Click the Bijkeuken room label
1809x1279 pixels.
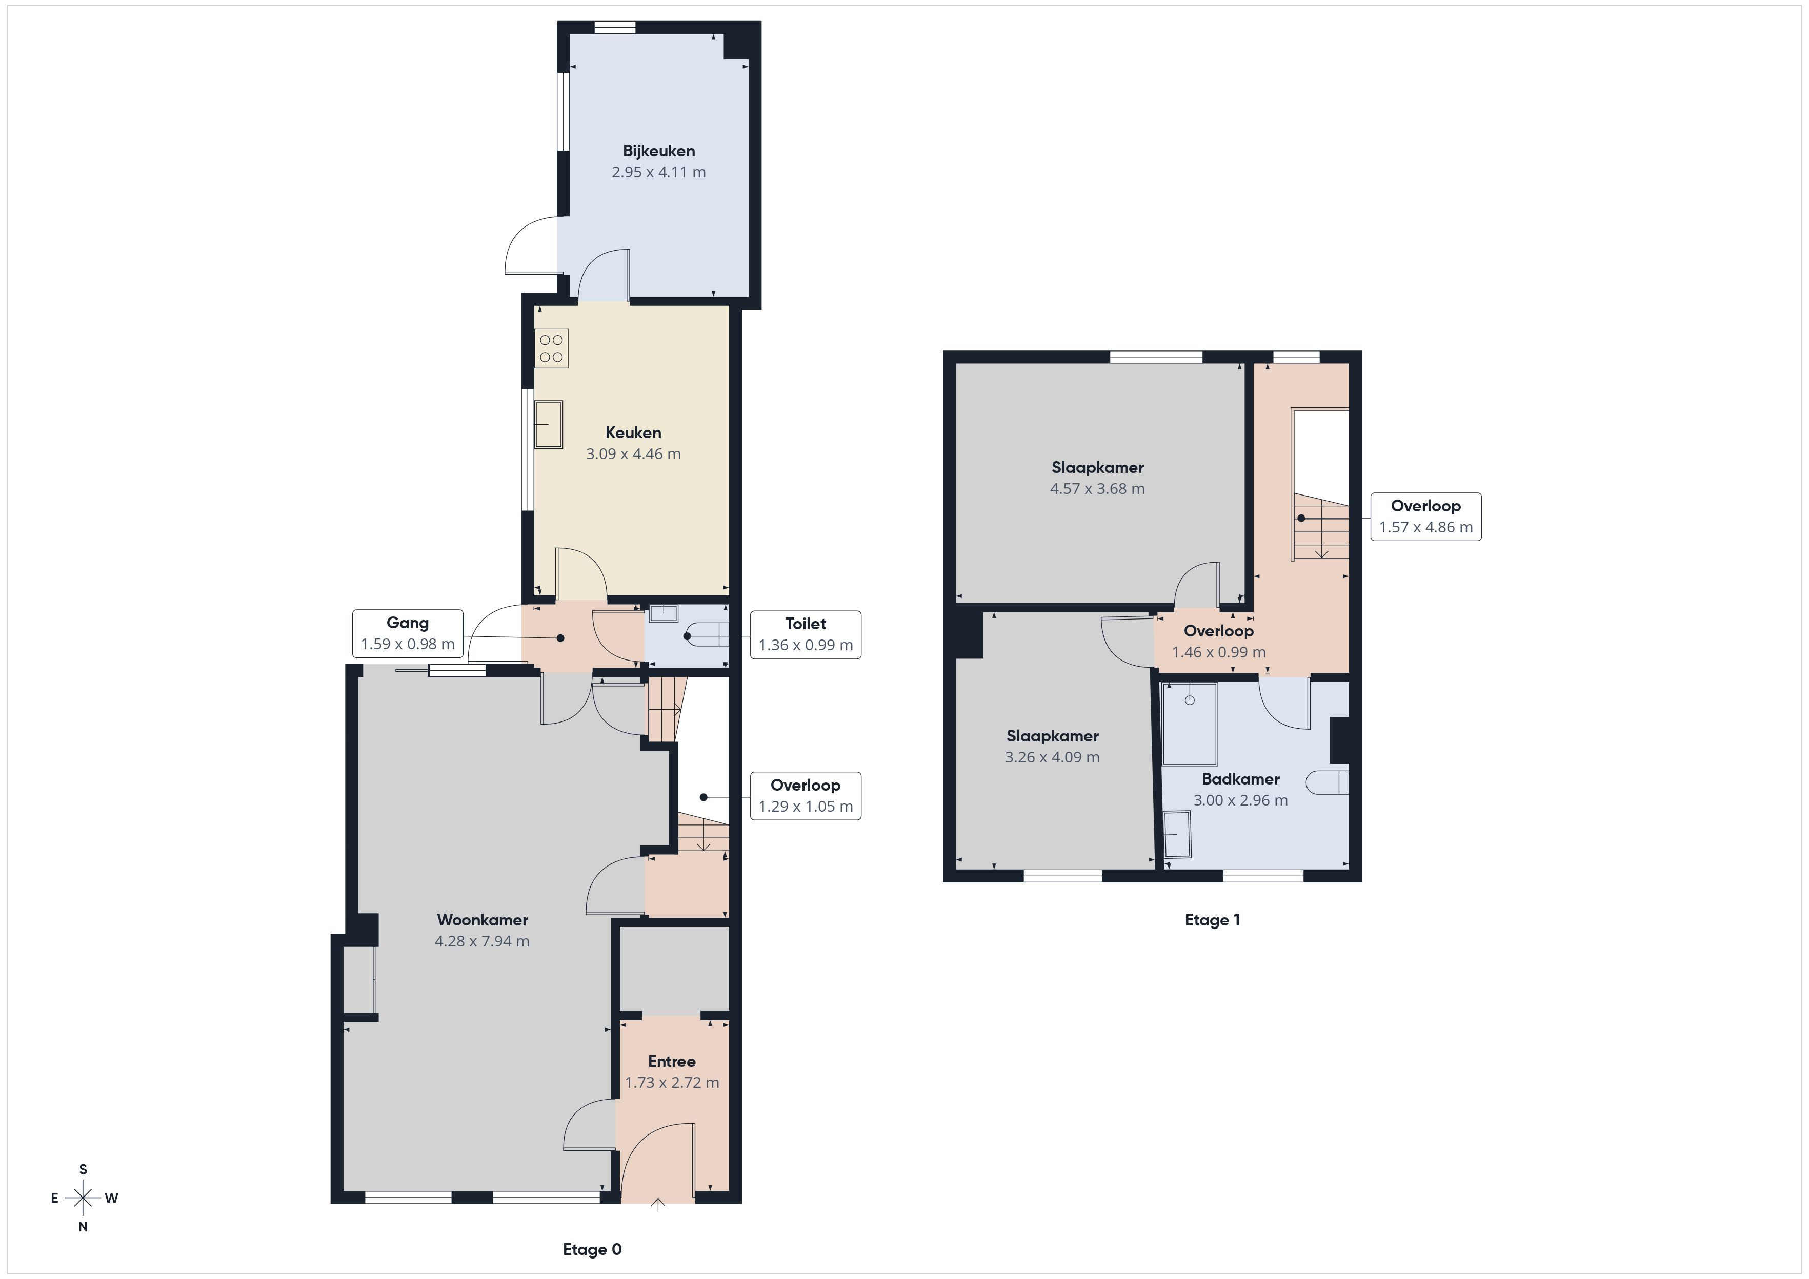coord(659,151)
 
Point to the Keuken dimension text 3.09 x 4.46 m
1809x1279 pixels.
coord(633,453)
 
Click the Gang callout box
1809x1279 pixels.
coord(407,633)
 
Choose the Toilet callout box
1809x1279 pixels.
coord(805,634)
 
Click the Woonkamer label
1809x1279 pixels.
coord(482,919)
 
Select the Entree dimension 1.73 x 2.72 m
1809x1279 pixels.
coord(672,1082)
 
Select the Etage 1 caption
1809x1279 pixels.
coord(1213,920)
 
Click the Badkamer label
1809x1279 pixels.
coord(1241,779)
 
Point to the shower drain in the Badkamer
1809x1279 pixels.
coord(1190,700)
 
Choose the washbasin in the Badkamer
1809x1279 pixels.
coord(1178,834)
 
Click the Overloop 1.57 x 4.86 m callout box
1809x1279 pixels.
coord(1426,517)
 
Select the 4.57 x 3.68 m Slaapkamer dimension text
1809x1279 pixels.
coord(1097,488)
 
